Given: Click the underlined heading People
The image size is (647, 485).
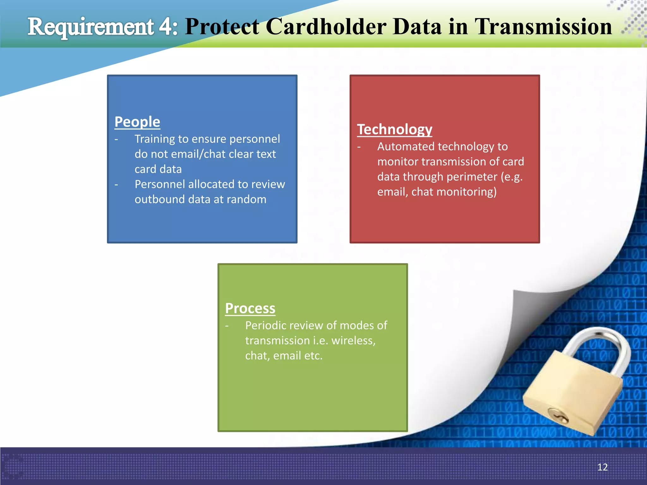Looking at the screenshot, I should coord(137,122).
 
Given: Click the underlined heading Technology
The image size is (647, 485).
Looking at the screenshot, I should coord(394,129).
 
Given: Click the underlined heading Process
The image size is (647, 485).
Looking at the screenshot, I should coord(250,308).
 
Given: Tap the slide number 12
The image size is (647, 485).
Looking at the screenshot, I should coord(602,467).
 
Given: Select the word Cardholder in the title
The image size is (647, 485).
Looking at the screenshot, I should coord(326,27).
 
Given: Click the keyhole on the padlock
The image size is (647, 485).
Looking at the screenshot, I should coord(559,416).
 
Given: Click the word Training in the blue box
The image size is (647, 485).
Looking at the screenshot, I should coord(154,139).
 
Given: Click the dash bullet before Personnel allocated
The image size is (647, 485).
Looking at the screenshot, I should coord(116,184).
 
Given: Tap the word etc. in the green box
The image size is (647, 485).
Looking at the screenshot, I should coord(313,356).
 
